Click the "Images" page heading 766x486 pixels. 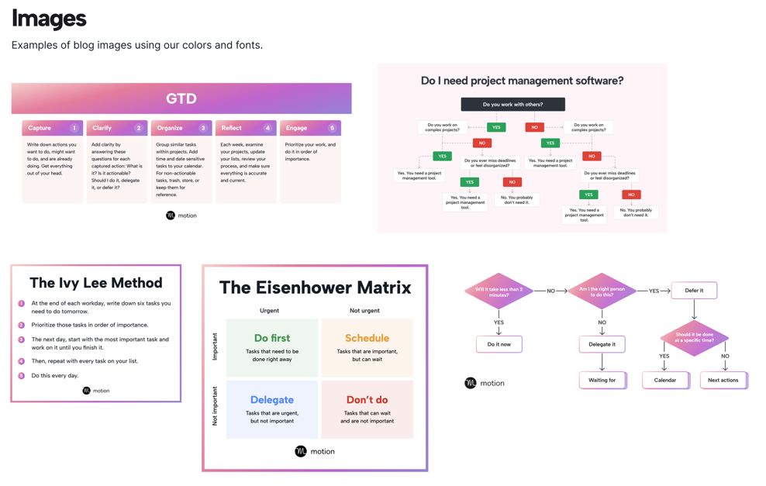(x=49, y=19)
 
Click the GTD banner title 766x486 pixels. (x=181, y=98)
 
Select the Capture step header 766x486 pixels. (x=40, y=128)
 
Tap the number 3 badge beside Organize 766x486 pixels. (x=203, y=128)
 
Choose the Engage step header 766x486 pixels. (x=297, y=128)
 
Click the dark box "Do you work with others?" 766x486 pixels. (x=512, y=104)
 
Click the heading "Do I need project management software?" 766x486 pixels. (x=522, y=81)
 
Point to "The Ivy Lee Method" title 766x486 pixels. (x=96, y=283)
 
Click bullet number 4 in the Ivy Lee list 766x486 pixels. (x=22, y=361)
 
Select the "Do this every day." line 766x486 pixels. (x=55, y=375)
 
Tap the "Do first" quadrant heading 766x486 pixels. (x=272, y=338)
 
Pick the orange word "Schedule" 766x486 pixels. (x=367, y=338)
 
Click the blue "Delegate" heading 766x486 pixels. (x=272, y=400)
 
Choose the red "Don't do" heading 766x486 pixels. (x=367, y=400)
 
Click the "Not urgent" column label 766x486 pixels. (x=364, y=311)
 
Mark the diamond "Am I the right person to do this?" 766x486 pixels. (x=602, y=291)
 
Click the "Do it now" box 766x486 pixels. (x=499, y=344)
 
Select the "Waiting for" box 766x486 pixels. (x=602, y=380)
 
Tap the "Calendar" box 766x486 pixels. (x=665, y=380)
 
